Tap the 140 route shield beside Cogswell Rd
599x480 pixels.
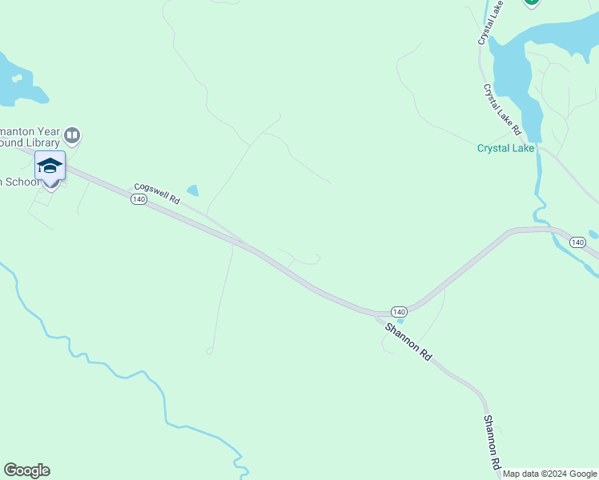pyautogui.click(x=139, y=200)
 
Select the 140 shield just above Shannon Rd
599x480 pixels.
pyautogui.click(x=399, y=310)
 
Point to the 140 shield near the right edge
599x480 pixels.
pyautogui.click(x=577, y=242)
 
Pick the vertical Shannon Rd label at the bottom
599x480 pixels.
pyautogui.click(x=492, y=442)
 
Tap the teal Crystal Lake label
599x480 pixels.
pyautogui.click(x=505, y=148)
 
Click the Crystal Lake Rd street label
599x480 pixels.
pyautogui.click(x=502, y=110)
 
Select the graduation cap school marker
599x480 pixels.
pyautogui.click(x=50, y=166)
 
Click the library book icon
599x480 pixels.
pyautogui.click(x=73, y=135)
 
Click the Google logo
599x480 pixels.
pyautogui.click(x=26, y=470)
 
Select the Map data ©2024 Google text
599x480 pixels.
pyautogui.click(x=549, y=474)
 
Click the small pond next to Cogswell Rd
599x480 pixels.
pyautogui.click(x=192, y=191)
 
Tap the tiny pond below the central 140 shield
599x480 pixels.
pyautogui.click(x=400, y=321)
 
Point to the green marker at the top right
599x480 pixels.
pyautogui.click(x=531, y=2)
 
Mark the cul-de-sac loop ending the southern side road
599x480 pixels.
pyautogui.click(x=210, y=350)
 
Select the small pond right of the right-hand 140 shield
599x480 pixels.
pyautogui.click(x=593, y=235)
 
